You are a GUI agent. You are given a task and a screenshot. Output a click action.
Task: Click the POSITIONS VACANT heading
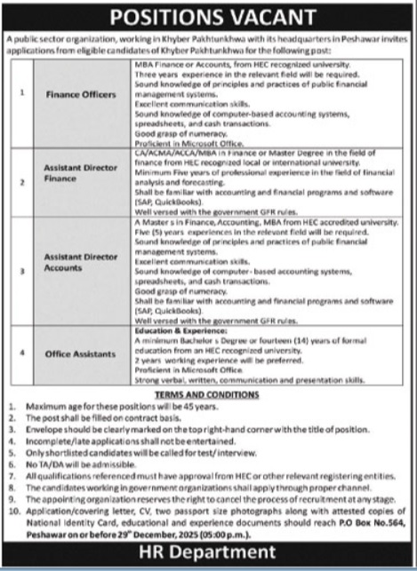click(x=208, y=18)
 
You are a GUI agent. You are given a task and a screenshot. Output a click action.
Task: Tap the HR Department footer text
click(x=208, y=555)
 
